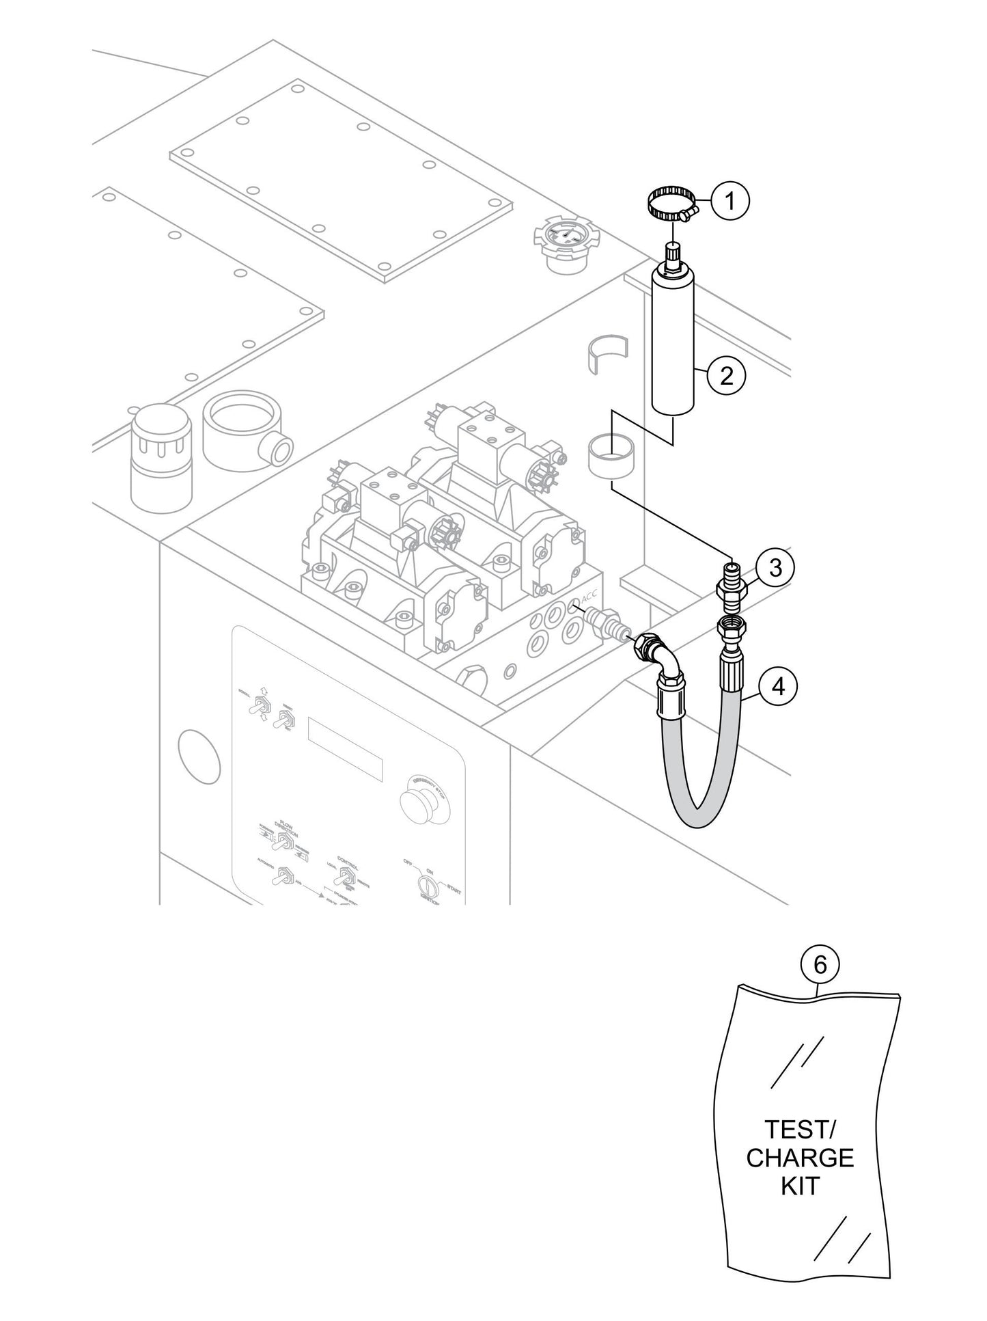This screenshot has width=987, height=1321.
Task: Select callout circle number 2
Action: point(726,375)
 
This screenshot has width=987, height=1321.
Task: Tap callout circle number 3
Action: point(775,567)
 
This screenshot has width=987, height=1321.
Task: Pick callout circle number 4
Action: point(778,685)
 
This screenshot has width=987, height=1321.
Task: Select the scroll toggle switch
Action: point(260,706)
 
